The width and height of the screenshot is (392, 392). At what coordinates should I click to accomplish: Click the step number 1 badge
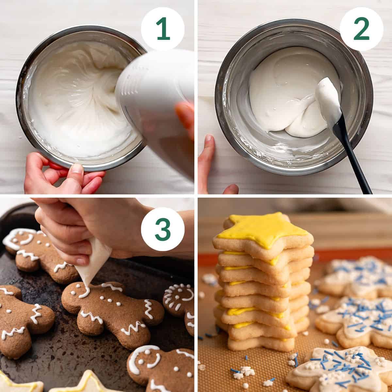pos(163,29)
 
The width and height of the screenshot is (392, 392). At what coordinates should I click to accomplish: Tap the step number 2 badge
pos(362,29)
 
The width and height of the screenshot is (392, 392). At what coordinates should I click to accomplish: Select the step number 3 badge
pos(163,229)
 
